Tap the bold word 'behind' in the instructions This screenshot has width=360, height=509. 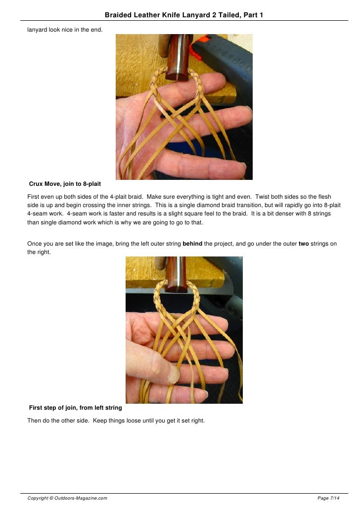[192, 244]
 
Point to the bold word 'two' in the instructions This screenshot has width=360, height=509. [304, 244]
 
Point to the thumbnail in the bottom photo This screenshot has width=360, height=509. [174, 375]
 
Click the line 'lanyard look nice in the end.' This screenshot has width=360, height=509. [65, 30]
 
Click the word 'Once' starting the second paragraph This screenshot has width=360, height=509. [35, 244]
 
